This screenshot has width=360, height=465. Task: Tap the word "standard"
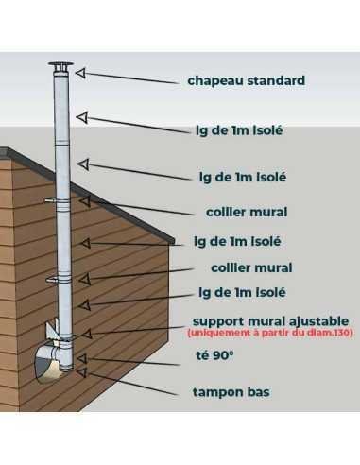(276, 80)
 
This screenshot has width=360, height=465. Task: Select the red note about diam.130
(270, 333)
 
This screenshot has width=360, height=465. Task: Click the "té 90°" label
(214, 355)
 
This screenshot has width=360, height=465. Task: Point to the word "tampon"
(217, 392)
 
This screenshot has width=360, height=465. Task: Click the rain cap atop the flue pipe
(61, 67)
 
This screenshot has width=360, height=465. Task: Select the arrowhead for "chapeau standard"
(80, 73)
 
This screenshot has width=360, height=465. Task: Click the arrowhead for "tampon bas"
(82, 372)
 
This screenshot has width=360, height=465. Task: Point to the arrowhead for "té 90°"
(82, 358)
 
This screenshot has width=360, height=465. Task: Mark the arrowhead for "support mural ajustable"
(87, 334)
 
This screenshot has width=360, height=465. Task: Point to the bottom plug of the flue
(67, 368)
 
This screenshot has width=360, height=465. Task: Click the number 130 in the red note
(343, 333)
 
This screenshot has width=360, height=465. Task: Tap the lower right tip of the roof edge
(174, 243)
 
